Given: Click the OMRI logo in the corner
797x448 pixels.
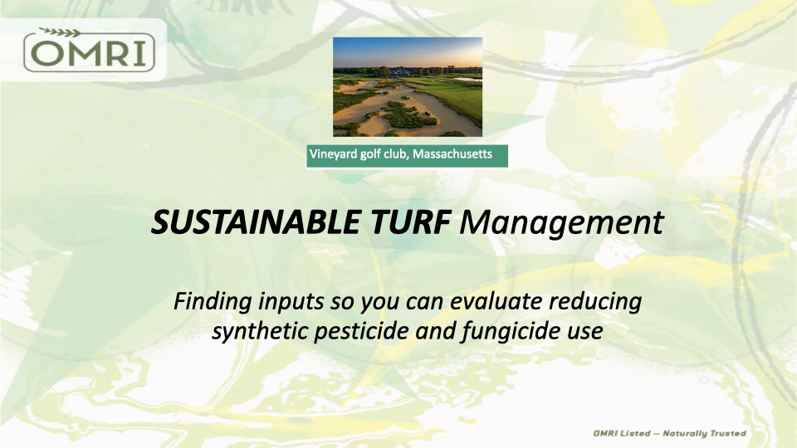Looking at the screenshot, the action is pyautogui.click(x=89, y=50).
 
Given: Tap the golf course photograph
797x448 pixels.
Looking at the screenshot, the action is pyautogui.click(x=408, y=87).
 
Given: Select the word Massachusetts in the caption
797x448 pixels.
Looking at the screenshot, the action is pyautogui.click(x=452, y=154).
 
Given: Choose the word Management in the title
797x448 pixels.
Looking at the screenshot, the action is pyautogui.click(x=562, y=223).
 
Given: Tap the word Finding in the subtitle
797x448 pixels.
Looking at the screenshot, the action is pyautogui.click(x=213, y=301).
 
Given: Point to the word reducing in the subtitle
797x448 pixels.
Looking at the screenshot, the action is pyautogui.click(x=595, y=302).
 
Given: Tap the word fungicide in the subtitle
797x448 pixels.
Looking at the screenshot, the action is pyautogui.click(x=510, y=332).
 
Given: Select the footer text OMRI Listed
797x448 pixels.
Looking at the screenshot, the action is pyautogui.click(x=622, y=433).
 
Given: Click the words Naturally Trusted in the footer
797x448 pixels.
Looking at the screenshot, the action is pyautogui.click(x=704, y=433).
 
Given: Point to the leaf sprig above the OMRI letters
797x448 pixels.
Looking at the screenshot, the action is pyautogui.click(x=61, y=32).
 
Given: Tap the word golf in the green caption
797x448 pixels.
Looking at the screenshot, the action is pyautogui.click(x=370, y=154).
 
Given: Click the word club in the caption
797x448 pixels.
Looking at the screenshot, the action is pyautogui.click(x=397, y=154).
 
